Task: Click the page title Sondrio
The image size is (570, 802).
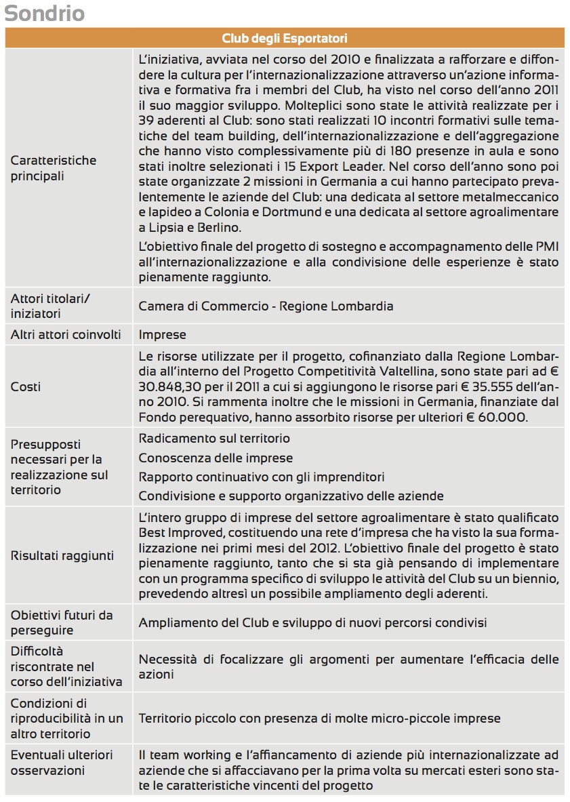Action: click(x=45, y=14)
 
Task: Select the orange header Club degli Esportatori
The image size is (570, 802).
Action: click(x=285, y=38)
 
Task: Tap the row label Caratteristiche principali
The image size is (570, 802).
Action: click(x=54, y=168)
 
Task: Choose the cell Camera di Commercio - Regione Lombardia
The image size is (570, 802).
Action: click(x=266, y=306)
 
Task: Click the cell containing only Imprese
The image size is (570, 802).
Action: click(x=162, y=334)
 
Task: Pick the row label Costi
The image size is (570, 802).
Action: click(x=26, y=386)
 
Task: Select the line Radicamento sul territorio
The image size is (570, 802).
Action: click(x=214, y=439)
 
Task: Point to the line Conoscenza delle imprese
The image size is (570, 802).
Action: click(x=216, y=458)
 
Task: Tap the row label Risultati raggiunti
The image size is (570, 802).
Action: click(x=62, y=556)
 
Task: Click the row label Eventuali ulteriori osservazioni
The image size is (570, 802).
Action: click(x=62, y=763)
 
